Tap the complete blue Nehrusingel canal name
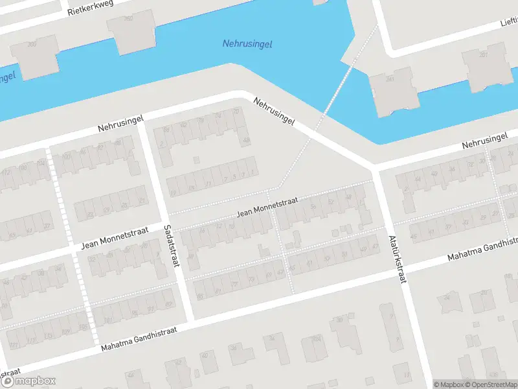(x=247, y=44)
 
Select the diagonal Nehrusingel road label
(x=275, y=112)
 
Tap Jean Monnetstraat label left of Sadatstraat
(x=115, y=238)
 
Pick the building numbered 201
(x=483, y=66)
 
